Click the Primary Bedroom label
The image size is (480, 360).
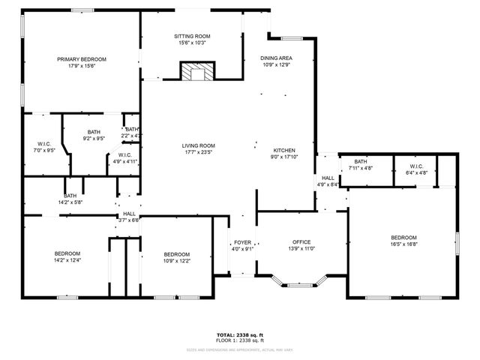click(x=82, y=59)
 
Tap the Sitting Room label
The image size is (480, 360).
click(x=192, y=36)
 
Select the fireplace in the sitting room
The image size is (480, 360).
click(x=197, y=72)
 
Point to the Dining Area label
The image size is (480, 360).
click(x=276, y=58)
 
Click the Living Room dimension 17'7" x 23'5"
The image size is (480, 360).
click(x=198, y=152)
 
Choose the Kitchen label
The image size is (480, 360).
click(x=283, y=150)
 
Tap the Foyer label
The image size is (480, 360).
click(x=243, y=242)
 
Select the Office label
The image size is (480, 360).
click(x=301, y=241)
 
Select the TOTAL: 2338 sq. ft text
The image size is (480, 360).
click(x=240, y=334)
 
